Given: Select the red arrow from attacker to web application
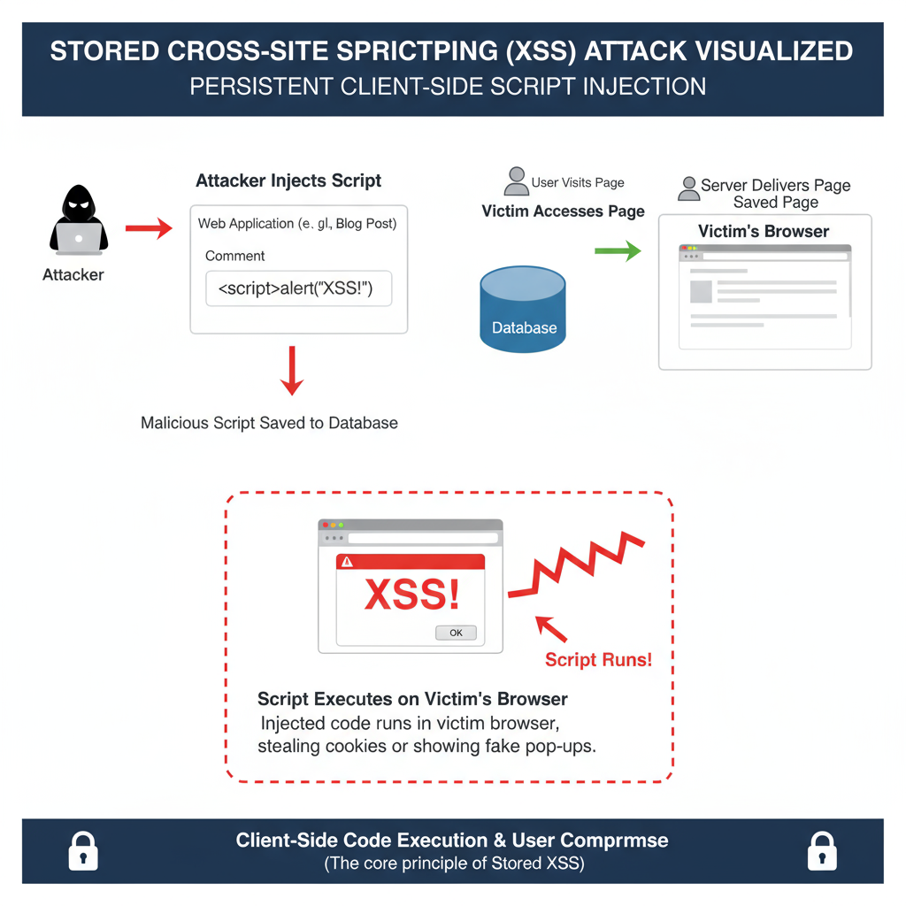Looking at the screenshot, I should pyautogui.click(x=149, y=230).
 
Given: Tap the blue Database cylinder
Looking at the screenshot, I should pyautogui.click(x=523, y=310).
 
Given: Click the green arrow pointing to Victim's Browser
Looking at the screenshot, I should pyautogui.click(x=618, y=252).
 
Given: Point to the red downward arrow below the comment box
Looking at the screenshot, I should pyautogui.click(x=291, y=371).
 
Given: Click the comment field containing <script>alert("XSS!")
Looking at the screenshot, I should pyautogui.click(x=298, y=289).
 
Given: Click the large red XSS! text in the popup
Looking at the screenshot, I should pyautogui.click(x=411, y=594).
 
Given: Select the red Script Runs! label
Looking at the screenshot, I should pyautogui.click(x=598, y=659).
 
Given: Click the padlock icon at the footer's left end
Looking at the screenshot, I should pyautogui.click(x=83, y=851).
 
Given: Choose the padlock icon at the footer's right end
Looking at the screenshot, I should pyautogui.click(x=822, y=851).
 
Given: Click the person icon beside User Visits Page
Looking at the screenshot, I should pyautogui.click(x=516, y=181).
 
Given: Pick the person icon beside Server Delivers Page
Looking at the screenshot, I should pyautogui.click(x=687, y=188).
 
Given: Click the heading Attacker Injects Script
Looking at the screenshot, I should pyautogui.click(x=288, y=180).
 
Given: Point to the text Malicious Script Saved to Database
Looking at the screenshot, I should pyautogui.click(x=269, y=423).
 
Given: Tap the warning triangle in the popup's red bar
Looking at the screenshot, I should pyautogui.click(x=348, y=561).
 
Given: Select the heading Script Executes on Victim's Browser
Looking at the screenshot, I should pyautogui.click(x=412, y=699).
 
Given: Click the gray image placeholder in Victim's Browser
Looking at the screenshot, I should pyautogui.click(x=701, y=291).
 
